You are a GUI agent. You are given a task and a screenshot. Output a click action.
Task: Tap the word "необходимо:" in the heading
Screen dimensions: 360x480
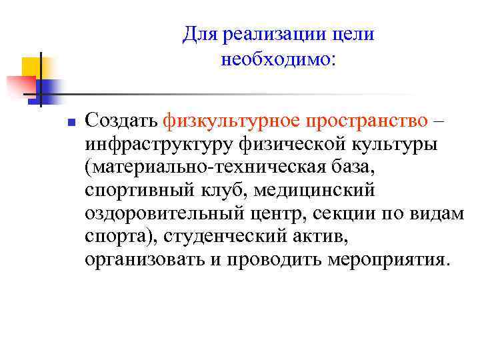(279, 60)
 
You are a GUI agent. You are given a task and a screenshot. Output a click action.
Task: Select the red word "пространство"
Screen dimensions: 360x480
(361, 121)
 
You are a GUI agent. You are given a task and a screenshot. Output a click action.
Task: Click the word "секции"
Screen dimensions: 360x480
(347, 213)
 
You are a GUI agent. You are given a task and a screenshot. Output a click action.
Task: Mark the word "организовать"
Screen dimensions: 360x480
(147, 259)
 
